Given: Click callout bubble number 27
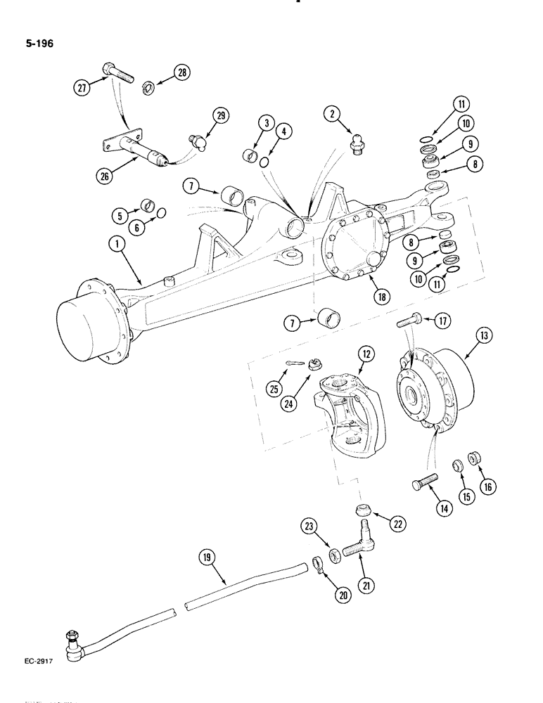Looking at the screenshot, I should click(x=84, y=87).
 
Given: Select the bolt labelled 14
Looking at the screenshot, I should click(x=422, y=484).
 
